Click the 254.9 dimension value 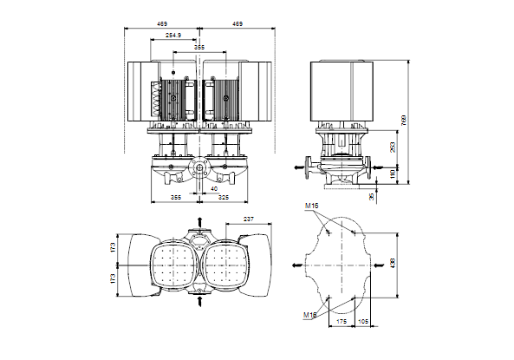click(173, 35)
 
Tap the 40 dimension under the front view click(214, 189)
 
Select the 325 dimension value click(224, 198)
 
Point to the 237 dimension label click(249, 219)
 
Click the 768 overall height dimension click(404, 120)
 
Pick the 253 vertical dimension click(393, 147)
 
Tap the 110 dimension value click(393, 174)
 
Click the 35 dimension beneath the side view click(372, 197)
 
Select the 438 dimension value click(393, 263)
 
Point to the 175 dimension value click(342, 322)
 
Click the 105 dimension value click(362, 322)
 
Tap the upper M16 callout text click(311, 206)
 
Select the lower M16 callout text click(309, 315)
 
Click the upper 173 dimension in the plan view click(113, 247)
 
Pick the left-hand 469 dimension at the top click(162, 24)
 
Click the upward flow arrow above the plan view click(199, 221)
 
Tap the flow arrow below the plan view click(199, 301)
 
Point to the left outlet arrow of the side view click(299, 167)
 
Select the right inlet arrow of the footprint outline click(379, 265)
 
